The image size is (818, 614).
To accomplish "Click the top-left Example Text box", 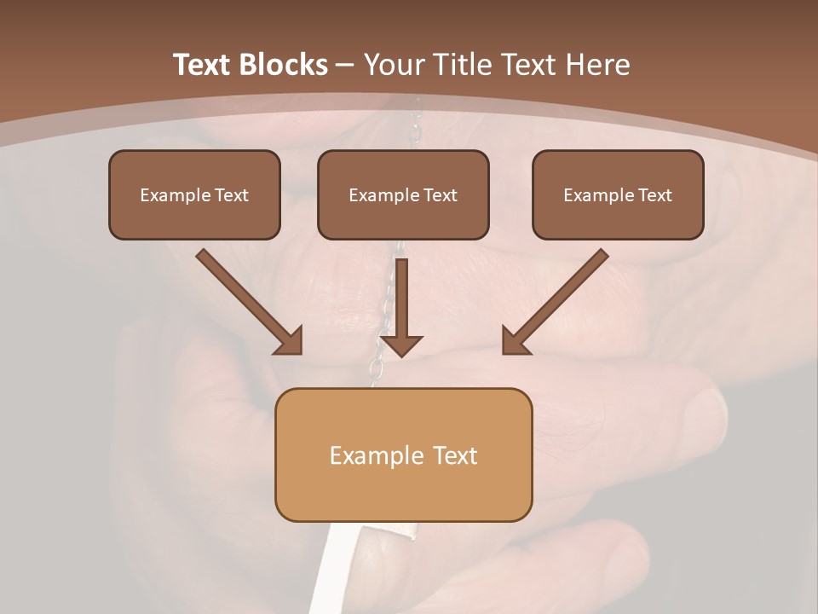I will tap(194, 194).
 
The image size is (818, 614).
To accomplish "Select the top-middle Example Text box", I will tap(403, 194).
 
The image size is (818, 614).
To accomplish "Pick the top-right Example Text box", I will tap(618, 194).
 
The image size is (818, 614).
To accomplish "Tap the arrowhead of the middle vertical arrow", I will tap(401, 345).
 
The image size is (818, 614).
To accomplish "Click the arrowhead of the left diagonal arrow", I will tap(290, 340).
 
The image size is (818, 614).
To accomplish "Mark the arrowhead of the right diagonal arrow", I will tap(515, 340).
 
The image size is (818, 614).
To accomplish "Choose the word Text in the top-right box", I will tap(654, 194).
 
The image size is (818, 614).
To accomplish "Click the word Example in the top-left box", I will tap(174, 194).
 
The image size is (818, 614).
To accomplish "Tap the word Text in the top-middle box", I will tap(440, 194).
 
